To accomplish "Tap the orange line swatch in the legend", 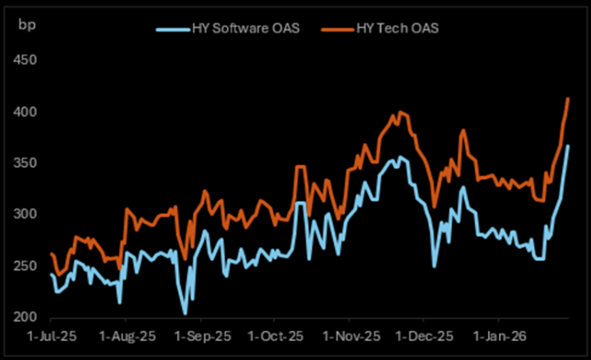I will [x=340, y=29].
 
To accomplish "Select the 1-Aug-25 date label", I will [x=126, y=338].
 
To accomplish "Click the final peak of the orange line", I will [x=568, y=98].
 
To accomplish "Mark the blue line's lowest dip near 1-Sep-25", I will [x=185, y=313].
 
